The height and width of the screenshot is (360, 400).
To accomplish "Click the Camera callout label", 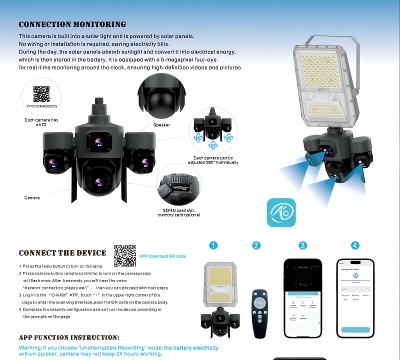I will coord(32,198).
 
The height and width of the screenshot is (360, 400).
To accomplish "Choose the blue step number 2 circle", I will coord(256,245).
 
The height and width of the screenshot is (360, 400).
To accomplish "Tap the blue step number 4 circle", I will coord(355,245).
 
